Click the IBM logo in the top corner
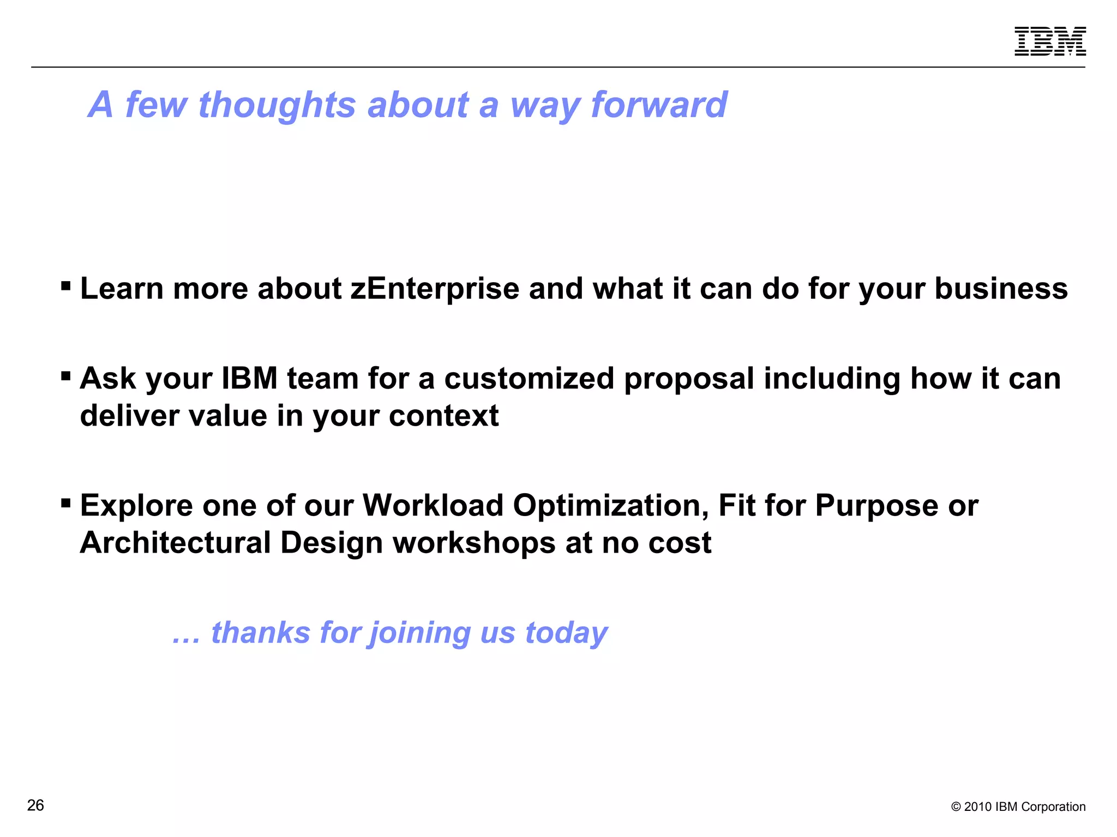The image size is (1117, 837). pyautogui.click(x=1050, y=41)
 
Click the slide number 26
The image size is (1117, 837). pyautogui.click(x=35, y=805)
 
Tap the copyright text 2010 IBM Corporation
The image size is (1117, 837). pyautogui.click(x=1018, y=806)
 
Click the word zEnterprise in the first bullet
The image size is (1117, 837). pyautogui.click(x=435, y=288)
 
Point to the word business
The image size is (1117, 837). pyautogui.click(x=1001, y=288)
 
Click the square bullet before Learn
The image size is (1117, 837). pyautogui.click(x=66, y=286)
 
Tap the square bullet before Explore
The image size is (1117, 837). pyautogui.click(x=66, y=502)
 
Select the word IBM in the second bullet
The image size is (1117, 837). pyautogui.click(x=250, y=378)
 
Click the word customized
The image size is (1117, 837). pyautogui.click(x=529, y=378)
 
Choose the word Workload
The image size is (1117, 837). pyautogui.click(x=433, y=505)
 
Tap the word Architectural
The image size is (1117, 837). pyautogui.click(x=175, y=543)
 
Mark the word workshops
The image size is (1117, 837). pyautogui.click(x=474, y=543)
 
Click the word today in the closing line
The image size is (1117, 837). pyautogui.click(x=566, y=633)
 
